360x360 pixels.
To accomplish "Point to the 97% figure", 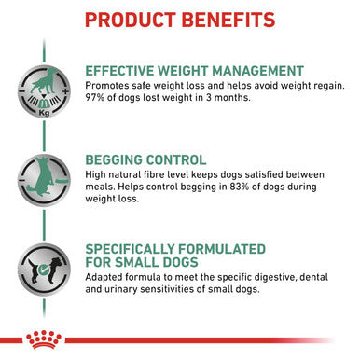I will tap(96, 98).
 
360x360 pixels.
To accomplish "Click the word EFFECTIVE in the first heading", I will tap(123, 70).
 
